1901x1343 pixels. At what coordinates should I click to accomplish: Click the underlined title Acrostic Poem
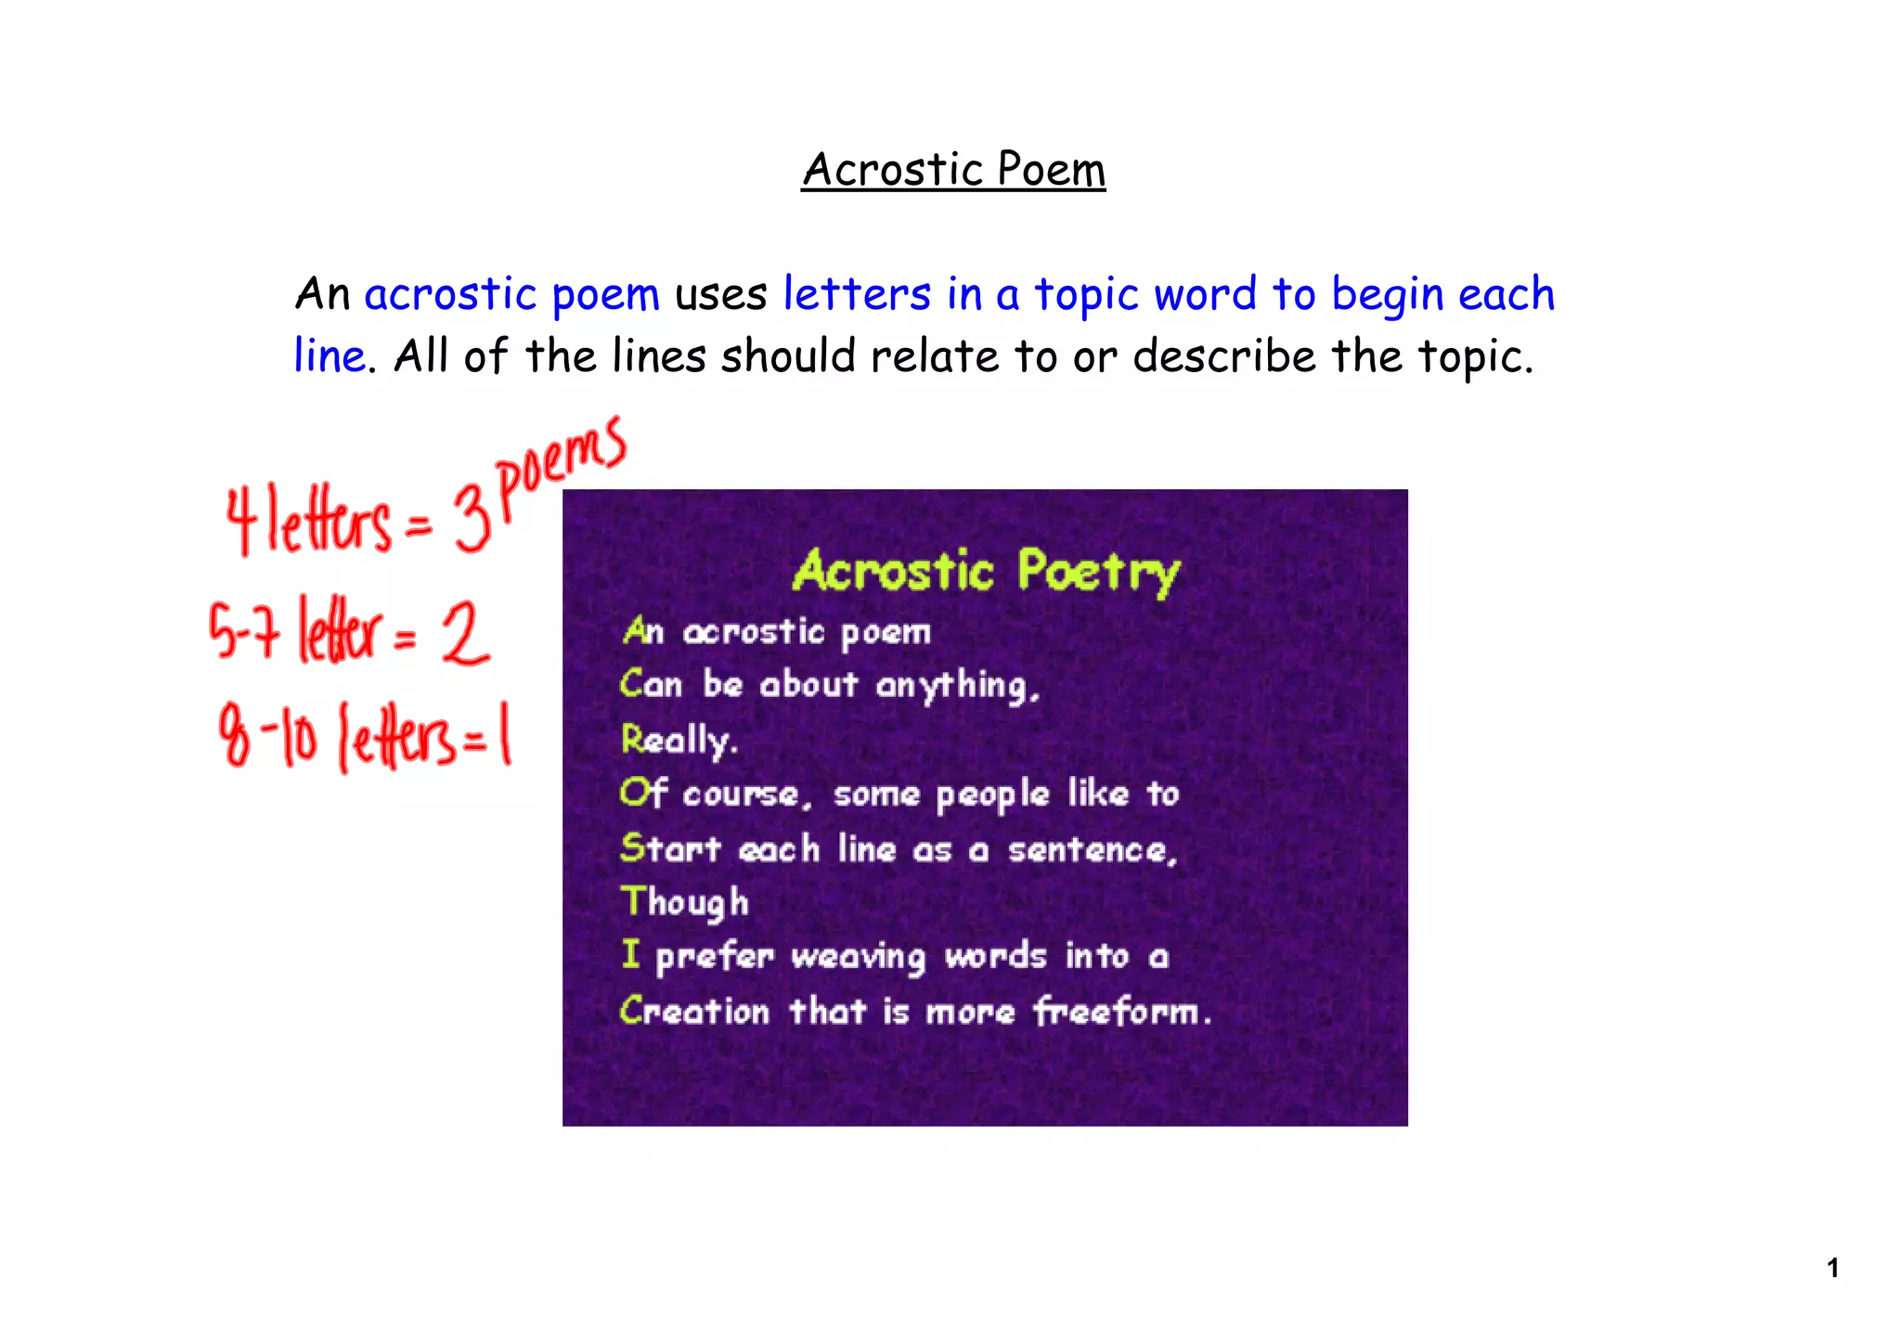(x=953, y=170)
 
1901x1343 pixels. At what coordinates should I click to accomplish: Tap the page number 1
(x=1832, y=1268)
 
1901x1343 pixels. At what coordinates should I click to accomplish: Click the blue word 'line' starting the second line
(x=330, y=355)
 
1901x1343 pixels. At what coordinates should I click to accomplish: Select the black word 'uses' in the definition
(x=720, y=295)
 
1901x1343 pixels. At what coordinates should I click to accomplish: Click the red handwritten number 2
(x=464, y=633)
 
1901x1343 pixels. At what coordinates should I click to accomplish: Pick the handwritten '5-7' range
(x=244, y=631)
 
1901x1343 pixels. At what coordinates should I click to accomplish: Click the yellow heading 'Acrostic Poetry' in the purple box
(x=986, y=571)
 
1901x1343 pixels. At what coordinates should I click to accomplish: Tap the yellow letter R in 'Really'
(x=632, y=740)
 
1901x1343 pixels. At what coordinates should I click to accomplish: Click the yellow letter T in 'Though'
(x=633, y=900)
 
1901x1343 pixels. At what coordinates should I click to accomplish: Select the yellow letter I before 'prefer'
(x=631, y=954)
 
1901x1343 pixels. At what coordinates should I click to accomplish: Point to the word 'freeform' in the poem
(x=1121, y=1011)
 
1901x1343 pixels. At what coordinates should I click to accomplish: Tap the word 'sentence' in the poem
(x=1091, y=849)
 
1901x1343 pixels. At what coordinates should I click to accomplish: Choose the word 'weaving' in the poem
(x=858, y=957)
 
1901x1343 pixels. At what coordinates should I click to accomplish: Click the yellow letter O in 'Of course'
(x=633, y=794)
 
